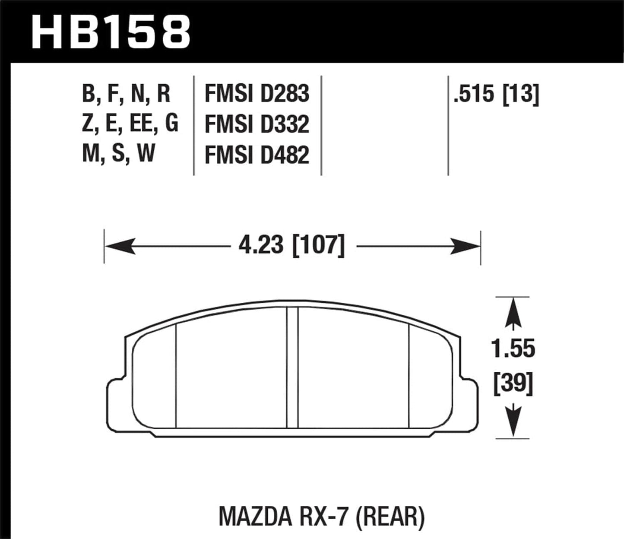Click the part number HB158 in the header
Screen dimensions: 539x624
(111, 31)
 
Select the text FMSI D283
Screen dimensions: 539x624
(257, 94)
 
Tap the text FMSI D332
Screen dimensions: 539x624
(257, 124)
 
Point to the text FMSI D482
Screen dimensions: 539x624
(257, 155)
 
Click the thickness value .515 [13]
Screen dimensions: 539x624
(496, 94)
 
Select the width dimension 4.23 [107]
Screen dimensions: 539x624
(292, 246)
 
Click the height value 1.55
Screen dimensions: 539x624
(513, 349)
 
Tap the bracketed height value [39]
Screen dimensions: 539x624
(513, 384)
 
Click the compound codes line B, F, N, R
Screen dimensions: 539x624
(126, 94)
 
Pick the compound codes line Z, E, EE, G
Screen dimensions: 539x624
(130, 124)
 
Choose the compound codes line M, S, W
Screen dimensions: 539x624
(118, 154)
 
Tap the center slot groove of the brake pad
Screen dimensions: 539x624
(292, 367)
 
